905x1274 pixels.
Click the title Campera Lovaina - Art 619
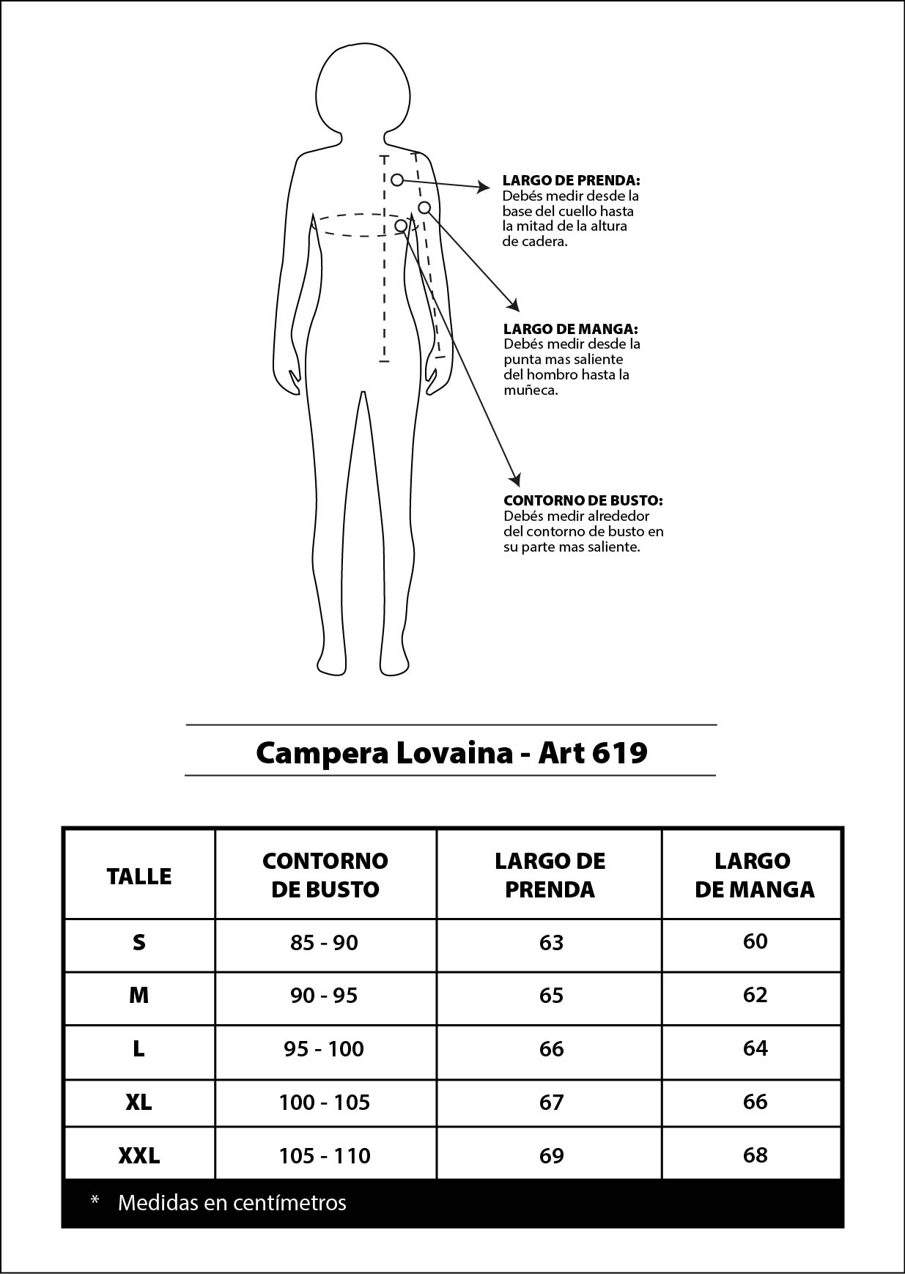coord(451,752)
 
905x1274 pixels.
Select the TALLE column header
coord(139,875)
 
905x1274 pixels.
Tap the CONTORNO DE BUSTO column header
coord(325,875)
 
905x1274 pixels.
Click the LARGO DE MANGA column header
coord(754,875)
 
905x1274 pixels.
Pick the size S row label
coord(139,942)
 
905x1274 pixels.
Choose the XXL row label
coord(139,1155)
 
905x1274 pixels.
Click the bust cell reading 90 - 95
coord(325,996)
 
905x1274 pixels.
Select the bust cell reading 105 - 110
coord(325,1155)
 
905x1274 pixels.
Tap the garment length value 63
coord(551,942)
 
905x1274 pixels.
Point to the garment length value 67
coord(551,1102)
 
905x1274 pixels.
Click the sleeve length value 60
coord(755,941)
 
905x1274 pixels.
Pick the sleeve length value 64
coord(755,1048)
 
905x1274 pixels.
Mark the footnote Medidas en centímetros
coord(232,1202)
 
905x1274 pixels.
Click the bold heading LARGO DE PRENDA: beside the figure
coord(571,180)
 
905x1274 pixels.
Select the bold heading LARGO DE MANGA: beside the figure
coord(570,329)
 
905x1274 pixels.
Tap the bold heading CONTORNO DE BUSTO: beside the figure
coord(583,500)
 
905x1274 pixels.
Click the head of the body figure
coord(363,92)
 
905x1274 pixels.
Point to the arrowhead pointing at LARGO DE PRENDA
coord(484,188)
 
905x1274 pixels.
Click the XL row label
coord(139,1102)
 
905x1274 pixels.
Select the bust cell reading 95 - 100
coord(325,1049)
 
